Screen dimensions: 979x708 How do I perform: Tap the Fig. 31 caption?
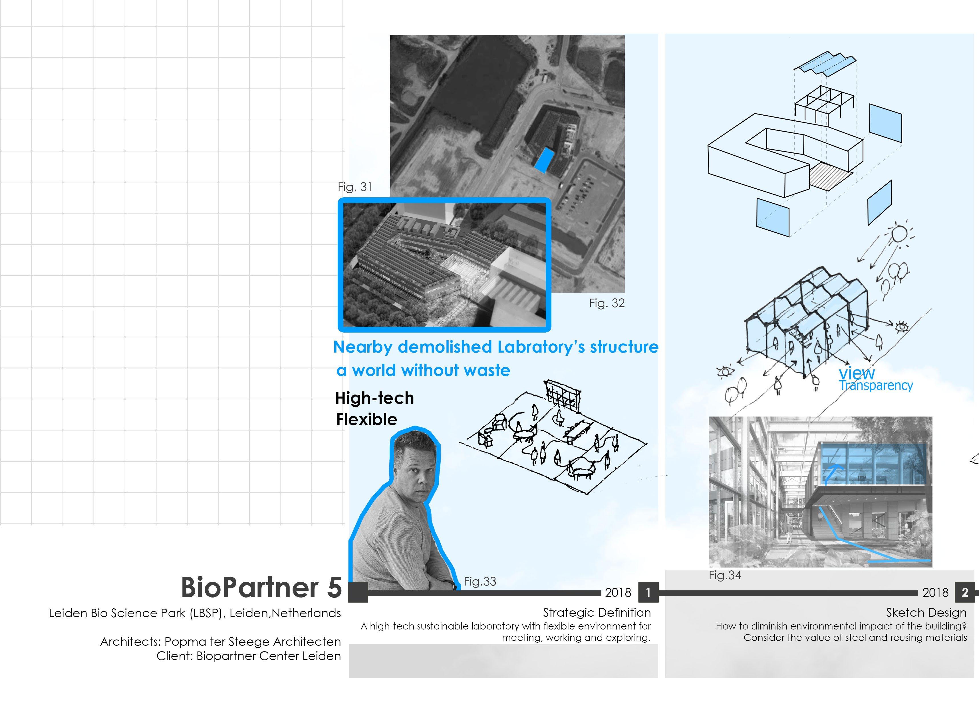[354, 187]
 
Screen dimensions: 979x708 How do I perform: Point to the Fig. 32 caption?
[607, 303]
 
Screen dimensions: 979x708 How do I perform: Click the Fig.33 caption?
[480, 582]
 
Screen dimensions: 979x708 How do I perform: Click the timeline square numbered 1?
[648, 592]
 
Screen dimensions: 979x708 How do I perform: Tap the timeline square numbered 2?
[965, 592]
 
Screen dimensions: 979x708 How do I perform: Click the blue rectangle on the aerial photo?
[544, 160]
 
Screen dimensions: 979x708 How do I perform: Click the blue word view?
[856, 373]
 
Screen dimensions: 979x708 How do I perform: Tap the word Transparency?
[876, 385]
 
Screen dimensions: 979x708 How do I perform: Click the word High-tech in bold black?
[374, 398]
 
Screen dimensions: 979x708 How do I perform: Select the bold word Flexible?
[366, 419]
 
